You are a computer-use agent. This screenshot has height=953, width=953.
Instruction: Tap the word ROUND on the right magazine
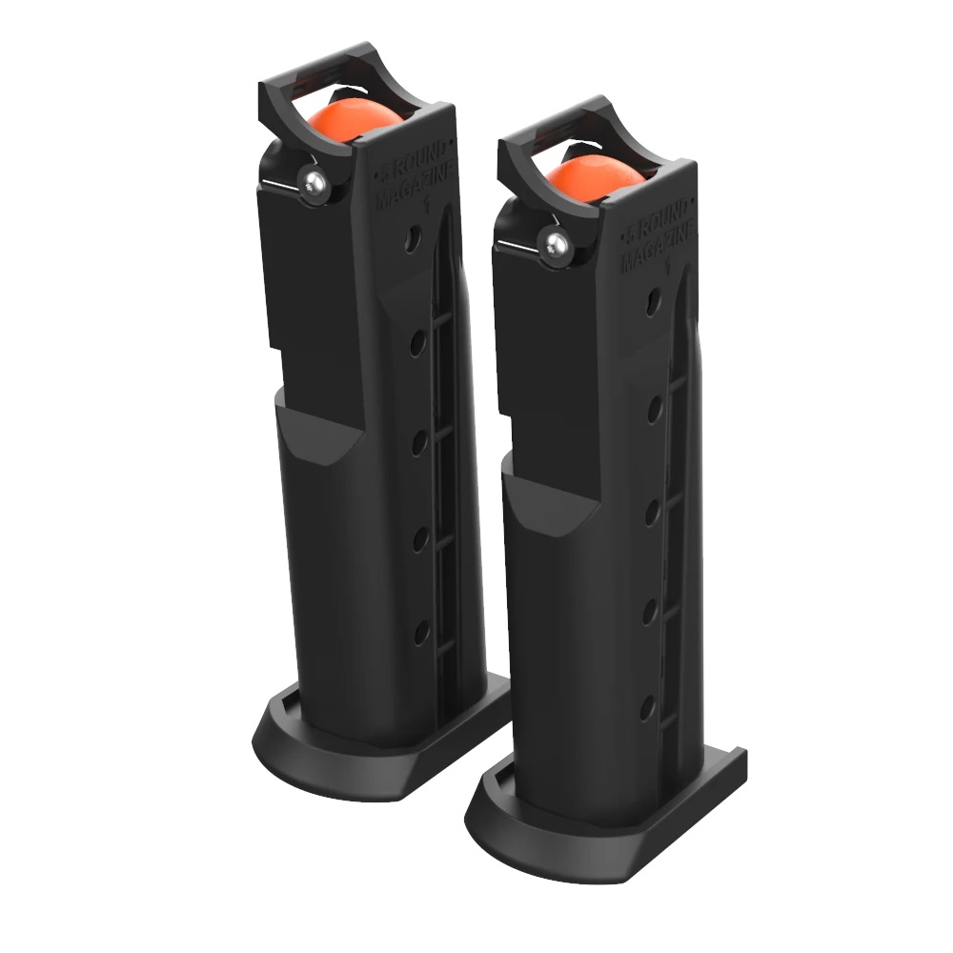(660, 226)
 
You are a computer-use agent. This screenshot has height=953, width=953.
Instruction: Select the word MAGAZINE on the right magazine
(658, 253)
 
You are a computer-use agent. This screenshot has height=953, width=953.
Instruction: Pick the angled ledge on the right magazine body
(543, 500)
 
